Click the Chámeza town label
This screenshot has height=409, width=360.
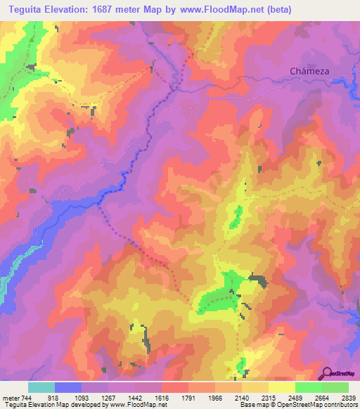(310, 71)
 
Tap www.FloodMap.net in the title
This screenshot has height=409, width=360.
(219, 10)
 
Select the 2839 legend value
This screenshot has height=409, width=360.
(348, 397)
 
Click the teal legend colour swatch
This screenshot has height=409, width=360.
(41, 387)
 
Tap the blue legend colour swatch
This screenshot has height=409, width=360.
(68, 387)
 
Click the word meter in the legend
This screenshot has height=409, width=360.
(11, 397)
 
